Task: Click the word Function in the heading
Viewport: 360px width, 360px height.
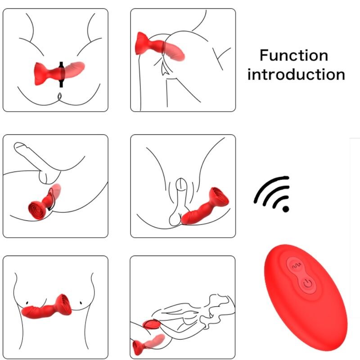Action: (294, 56)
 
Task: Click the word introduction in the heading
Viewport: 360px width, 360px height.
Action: (296, 74)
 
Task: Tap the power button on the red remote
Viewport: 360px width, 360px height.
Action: (307, 283)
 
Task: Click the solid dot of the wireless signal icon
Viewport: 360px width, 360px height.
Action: (285, 208)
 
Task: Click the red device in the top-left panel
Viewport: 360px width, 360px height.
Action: (58, 72)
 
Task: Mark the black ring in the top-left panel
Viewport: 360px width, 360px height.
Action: (62, 72)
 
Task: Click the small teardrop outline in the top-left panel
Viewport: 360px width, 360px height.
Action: (59, 95)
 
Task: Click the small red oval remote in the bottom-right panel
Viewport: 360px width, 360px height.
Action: (149, 324)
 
